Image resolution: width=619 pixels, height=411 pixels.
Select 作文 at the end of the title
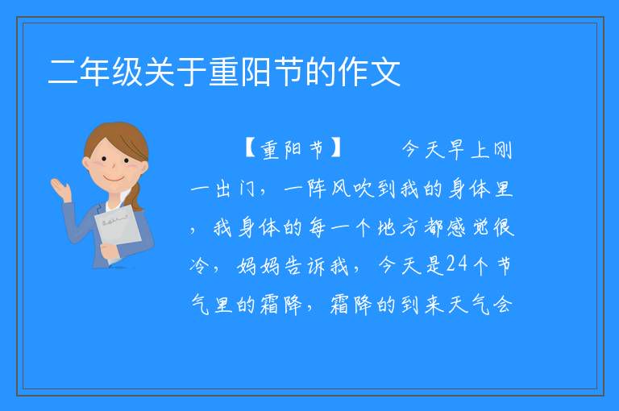369,73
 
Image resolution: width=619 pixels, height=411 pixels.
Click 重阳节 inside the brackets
293,149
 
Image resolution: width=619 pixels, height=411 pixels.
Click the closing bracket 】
336,149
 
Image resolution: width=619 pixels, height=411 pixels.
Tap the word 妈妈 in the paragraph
259,266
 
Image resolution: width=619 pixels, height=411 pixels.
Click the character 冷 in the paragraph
199,266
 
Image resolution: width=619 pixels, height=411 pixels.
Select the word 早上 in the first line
470,150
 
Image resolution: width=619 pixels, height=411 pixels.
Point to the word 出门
235,189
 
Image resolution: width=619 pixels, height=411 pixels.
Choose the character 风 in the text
340,189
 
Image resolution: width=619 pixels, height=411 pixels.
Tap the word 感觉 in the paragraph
468,228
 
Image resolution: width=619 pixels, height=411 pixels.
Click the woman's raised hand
61,189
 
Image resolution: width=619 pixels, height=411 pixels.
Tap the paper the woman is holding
117,229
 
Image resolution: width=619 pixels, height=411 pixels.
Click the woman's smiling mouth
114,179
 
